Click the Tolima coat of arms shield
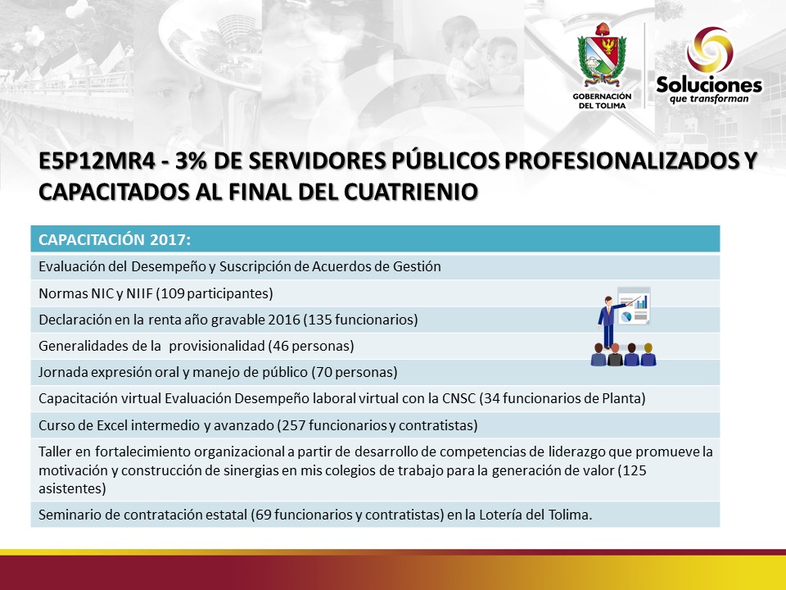pos(602,55)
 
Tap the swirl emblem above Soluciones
pos(710,50)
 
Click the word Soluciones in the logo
pos(709,84)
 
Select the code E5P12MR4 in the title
pos(97,161)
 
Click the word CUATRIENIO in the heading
pos(410,192)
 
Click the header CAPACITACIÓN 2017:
pos(115,240)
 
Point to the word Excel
pos(112,425)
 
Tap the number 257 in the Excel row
pos(293,425)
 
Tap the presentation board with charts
pos(634,306)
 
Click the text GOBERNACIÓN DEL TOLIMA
pos(602,101)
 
